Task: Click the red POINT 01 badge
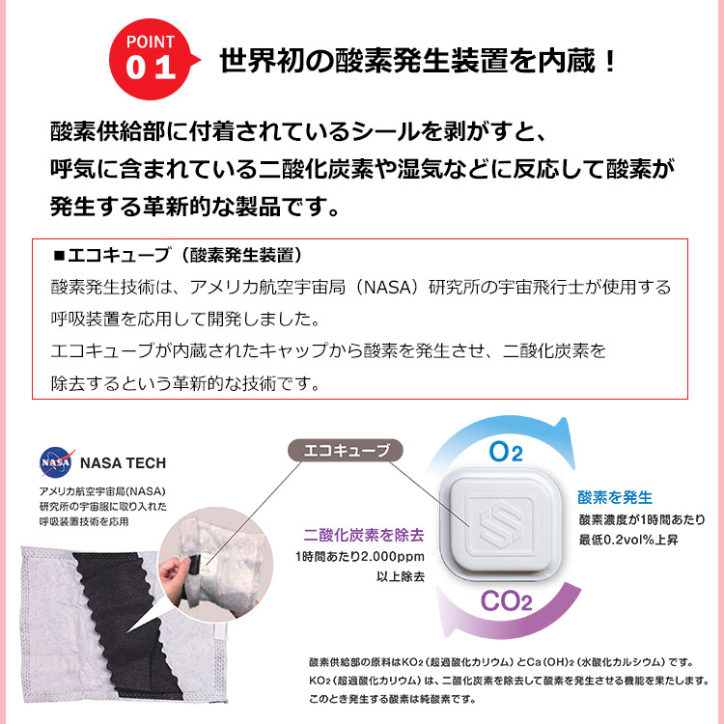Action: [153, 60]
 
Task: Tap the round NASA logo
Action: [55, 463]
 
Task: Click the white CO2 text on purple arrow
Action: [500, 601]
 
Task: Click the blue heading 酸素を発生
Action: [615, 498]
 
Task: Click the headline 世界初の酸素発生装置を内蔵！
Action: [417, 62]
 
